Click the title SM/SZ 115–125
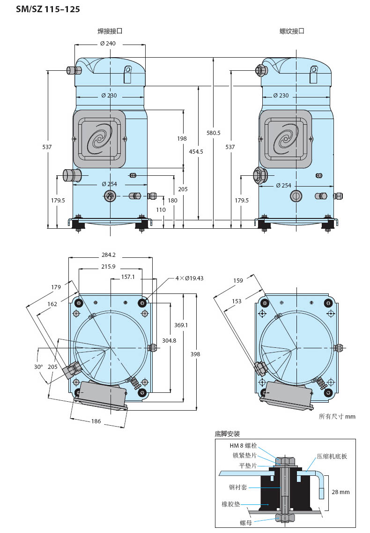point(48,9)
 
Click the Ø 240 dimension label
point(108,44)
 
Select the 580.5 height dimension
point(214,133)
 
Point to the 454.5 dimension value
point(196,151)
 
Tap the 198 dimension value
point(182,138)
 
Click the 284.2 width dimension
point(108,255)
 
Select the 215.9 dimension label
point(108,266)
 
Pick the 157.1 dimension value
point(128,277)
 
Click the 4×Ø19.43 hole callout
point(189,278)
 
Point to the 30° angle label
point(38,367)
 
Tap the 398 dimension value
point(195,354)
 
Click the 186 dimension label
point(96,421)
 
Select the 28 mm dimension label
point(341,492)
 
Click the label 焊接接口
point(110,31)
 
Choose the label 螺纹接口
point(292,31)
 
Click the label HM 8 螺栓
point(243,446)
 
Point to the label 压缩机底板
point(332,456)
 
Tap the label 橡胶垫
point(231,504)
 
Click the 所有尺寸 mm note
point(337,416)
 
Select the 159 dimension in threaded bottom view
point(238,280)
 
